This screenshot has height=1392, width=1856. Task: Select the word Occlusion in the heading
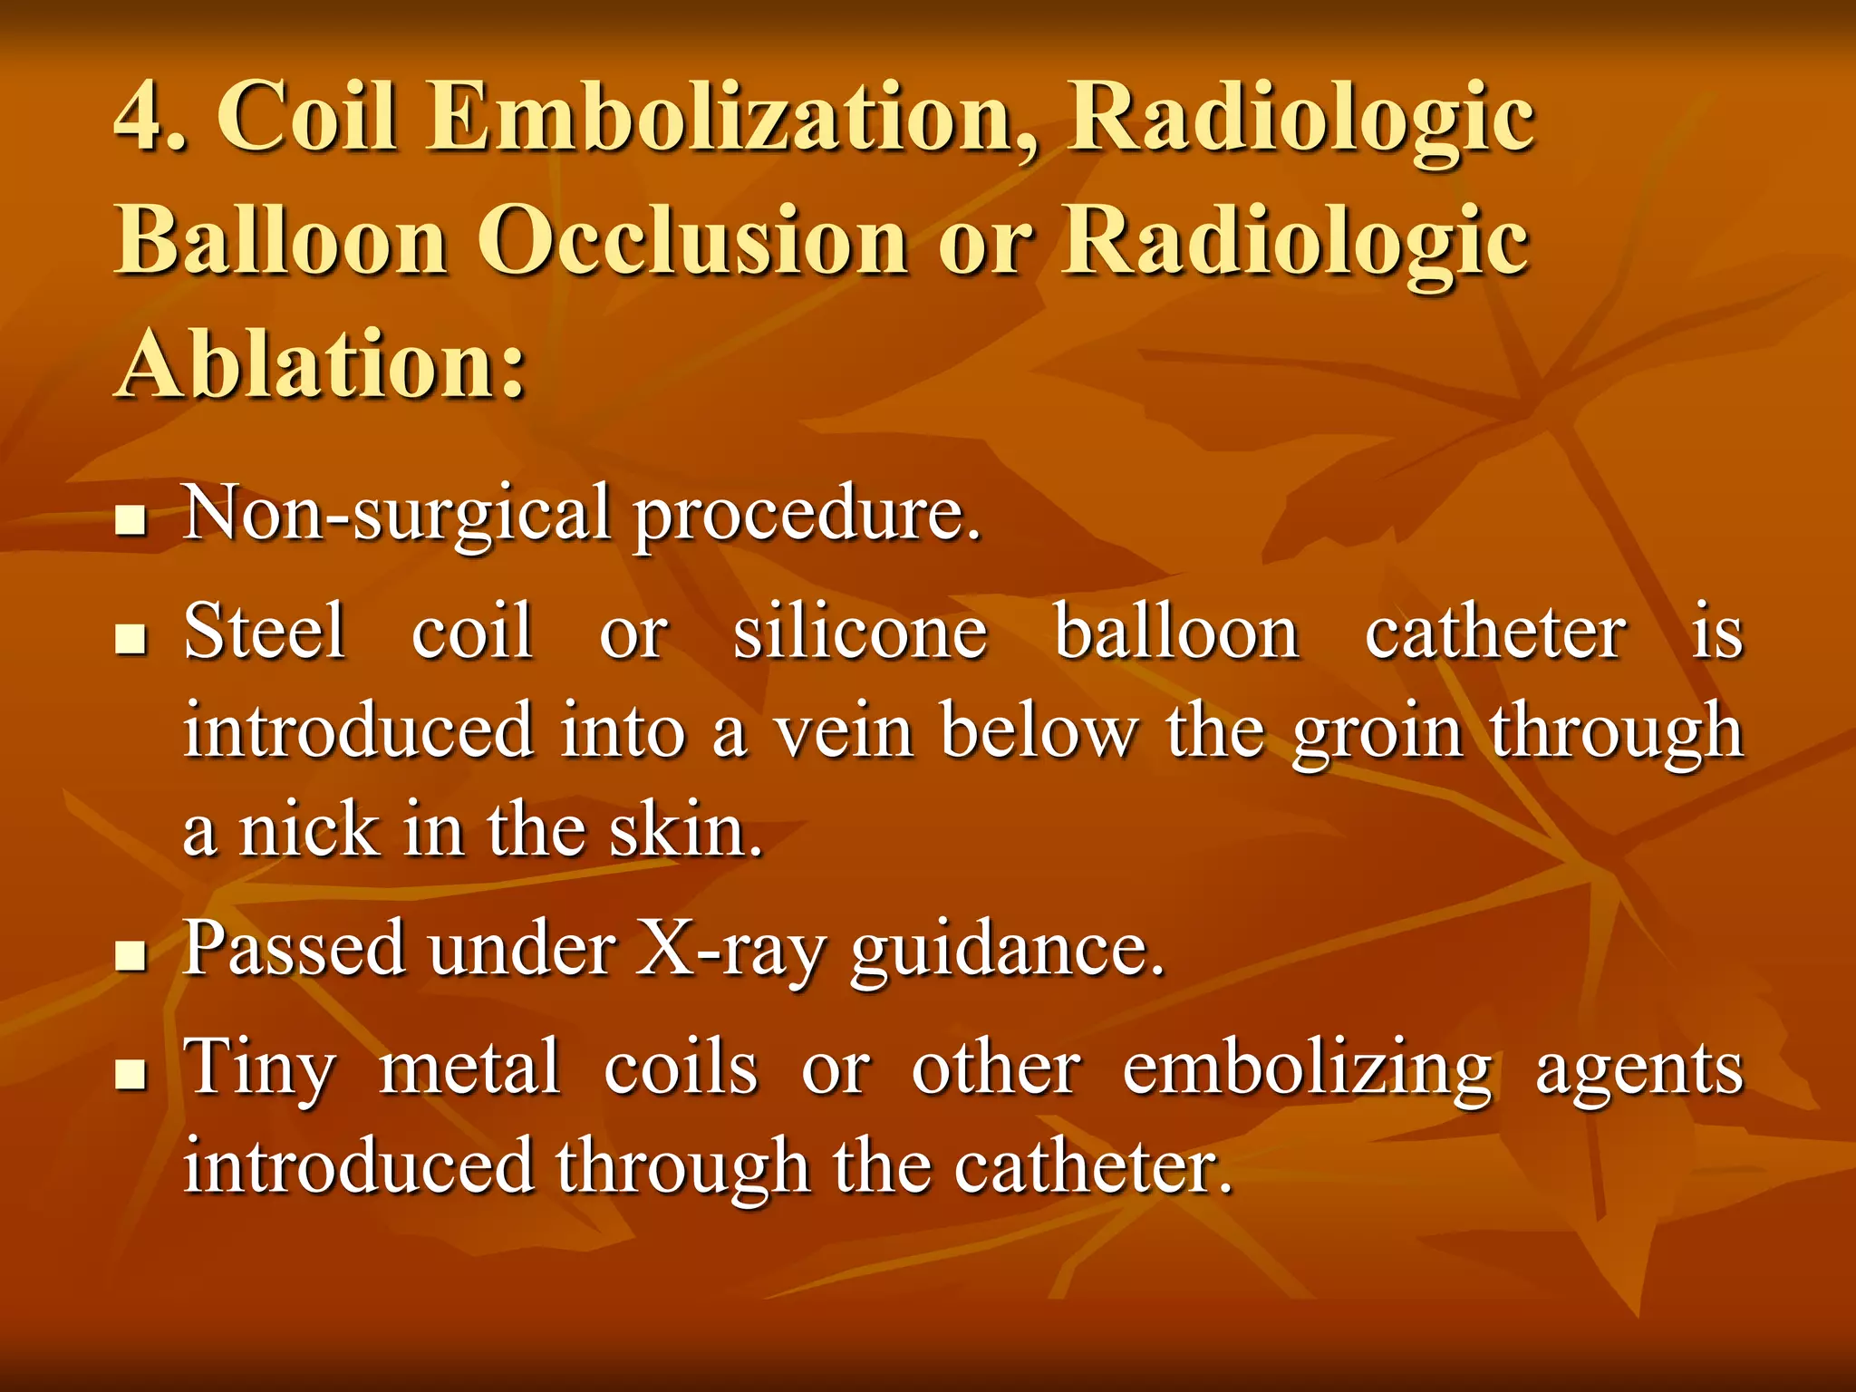click(x=693, y=241)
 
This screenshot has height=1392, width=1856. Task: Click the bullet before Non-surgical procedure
click(x=132, y=521)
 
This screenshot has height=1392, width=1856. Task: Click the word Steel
click(x=265, y=632)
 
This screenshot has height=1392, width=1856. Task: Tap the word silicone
click(x=859, y=632)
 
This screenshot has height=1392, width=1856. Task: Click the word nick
click(x=308, y=830)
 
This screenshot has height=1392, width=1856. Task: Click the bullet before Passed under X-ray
click(x=132, y=956)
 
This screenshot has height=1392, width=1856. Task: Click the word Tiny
click(x=259, y=1068)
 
